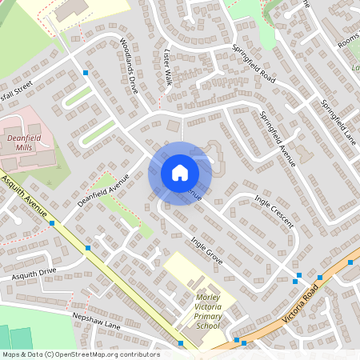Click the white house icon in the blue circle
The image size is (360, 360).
180,172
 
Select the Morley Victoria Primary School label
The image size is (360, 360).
207,311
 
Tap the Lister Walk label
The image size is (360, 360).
168,67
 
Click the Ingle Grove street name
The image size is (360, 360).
206,250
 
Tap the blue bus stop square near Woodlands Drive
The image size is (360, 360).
86,73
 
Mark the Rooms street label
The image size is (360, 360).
349,36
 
